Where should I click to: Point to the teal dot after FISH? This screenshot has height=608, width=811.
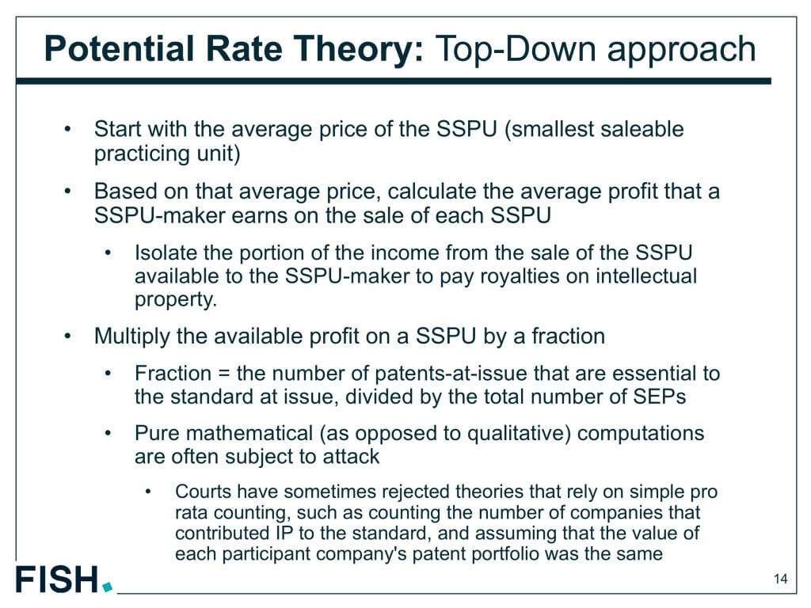click(108, 587)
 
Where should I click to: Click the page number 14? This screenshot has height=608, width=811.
click(781, 579)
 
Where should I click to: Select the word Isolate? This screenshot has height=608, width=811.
click(166, 253)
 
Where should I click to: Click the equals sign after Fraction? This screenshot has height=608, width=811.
click(223, 374)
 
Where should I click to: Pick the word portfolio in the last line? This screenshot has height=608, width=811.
click(501, 553)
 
